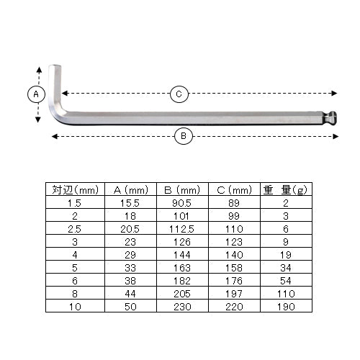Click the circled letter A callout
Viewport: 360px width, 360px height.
[x=36, y=94]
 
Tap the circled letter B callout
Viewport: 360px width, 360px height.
[x=184, y=136]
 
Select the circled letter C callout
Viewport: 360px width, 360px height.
[x=179, y=94]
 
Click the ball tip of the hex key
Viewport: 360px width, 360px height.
[x=331, y=118]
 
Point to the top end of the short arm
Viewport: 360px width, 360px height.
[x=55, y=66]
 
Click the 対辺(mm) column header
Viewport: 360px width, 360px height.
[x=75, y=190]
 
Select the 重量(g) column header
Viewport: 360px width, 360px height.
[x=285, y=190]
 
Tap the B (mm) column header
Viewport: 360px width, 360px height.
[x=182, y=190]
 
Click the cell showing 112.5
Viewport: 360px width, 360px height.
[x=181, y=229]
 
